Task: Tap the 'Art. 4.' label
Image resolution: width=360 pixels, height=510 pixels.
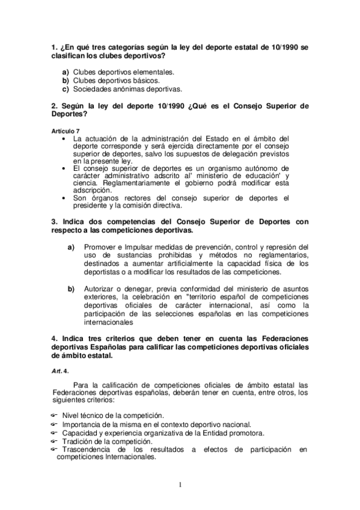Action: pyautogui.click(x=60, y=372)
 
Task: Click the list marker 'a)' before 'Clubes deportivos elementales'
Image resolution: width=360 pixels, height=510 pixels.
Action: pyautogui.click(x=66, y=71)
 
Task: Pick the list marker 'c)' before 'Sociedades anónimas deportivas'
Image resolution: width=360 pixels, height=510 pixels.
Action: pyautogui.click(x=66, y=89)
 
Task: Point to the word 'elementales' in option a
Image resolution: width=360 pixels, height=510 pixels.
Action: pyautogui.click(x=154, y=71)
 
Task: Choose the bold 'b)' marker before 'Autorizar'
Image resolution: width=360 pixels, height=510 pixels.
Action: pyautogui.click(x=71, y=288)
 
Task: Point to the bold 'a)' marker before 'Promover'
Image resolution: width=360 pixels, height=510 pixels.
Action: pyautogui.click(x=71, y=247)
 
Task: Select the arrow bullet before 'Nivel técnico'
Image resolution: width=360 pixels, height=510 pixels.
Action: pyautogui.click(x=53, y=416)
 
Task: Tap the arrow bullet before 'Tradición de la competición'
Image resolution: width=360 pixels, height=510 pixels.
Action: pyautogui.click(x=53, y=441)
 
